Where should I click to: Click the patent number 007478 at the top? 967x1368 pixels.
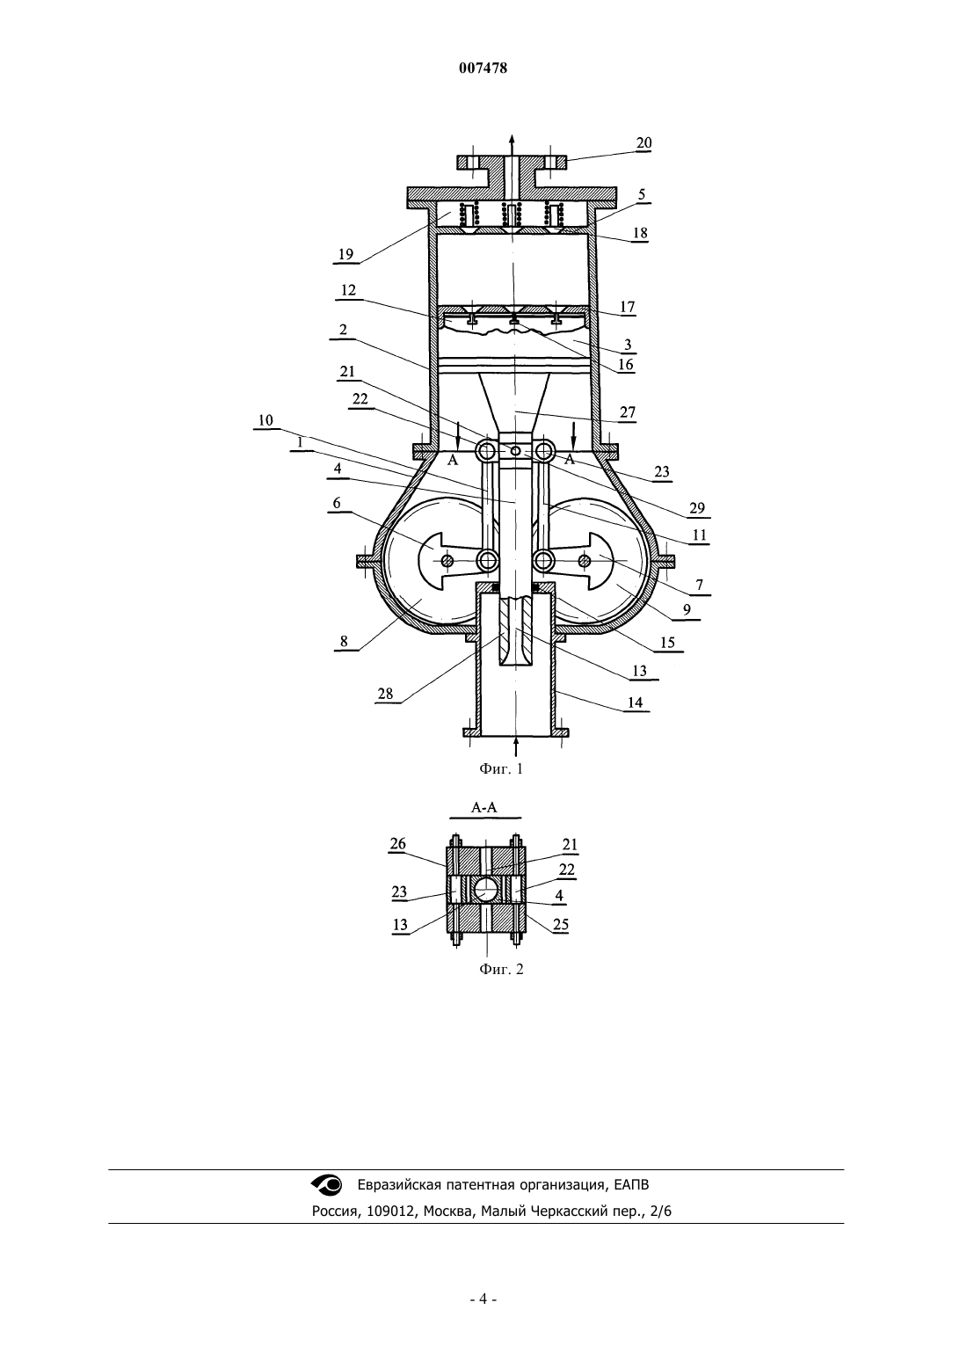pyautogui.click(x=483, y=69)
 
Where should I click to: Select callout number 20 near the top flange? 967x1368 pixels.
pyautogui.click(x=643, y=143)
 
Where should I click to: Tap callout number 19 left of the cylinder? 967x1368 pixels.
pyautogui.click(x=345, y=254)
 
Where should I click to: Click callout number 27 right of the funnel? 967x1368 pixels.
pyautogui.click(x=628, y=412)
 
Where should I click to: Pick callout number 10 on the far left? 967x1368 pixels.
pyautogui.click(x=265, y=420)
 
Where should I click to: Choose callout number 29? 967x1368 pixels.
pyautogui.click(x=696, y=508)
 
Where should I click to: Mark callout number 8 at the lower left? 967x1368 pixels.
pyautogui.click(x=344, y=641)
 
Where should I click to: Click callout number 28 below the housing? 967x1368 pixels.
pyautogui.click(x=385, y=694)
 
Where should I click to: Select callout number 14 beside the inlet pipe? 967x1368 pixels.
pyautogui.click(x=635, y=702)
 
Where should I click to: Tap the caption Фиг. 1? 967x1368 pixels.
pyautogui.click(x=501, y=769)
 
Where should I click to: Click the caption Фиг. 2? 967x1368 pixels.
pyautogui.click(x=501, y=969)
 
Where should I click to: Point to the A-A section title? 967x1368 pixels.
pyautogui.click(x=484, y=807)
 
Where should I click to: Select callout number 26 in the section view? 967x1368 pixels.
pyautogui.click(x=397, y=844)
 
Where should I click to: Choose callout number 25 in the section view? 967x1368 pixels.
pyautogui.click(x=561, y=925)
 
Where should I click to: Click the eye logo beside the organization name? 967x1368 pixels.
pyautogui.click(x=327, y=1185)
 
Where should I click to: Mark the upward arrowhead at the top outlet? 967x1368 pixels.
pyautogui.click(x=512, y=139)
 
